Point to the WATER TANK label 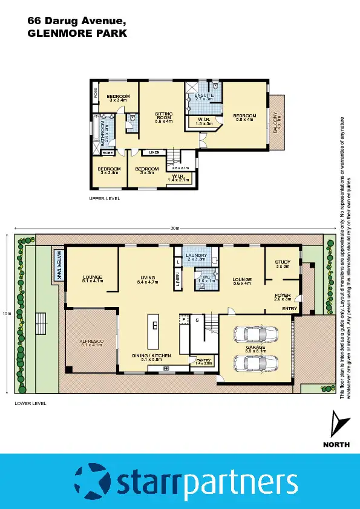[59, 265]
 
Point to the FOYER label [283, 297]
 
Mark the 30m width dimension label [175, 229]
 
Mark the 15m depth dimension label [7, 314]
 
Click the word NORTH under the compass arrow [336, 444]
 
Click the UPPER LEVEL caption [105, 198]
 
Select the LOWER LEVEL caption [30, 403]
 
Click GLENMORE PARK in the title [77, 34]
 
